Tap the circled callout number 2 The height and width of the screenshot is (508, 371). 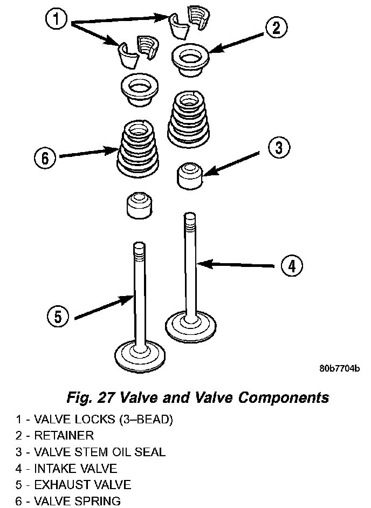(x=276, y=28)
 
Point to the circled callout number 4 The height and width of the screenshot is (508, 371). (x=290, y=265)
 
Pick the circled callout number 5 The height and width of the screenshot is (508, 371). (x=57, y=317)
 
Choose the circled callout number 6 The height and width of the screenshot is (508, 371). (x=45, y=158)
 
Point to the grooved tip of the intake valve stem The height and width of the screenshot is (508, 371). (x=189, y=221)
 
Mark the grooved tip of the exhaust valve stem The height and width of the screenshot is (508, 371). (x=139, y=251)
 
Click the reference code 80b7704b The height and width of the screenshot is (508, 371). (x=339, y=369)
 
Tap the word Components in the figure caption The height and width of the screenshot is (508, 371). (x=284, y=398)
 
